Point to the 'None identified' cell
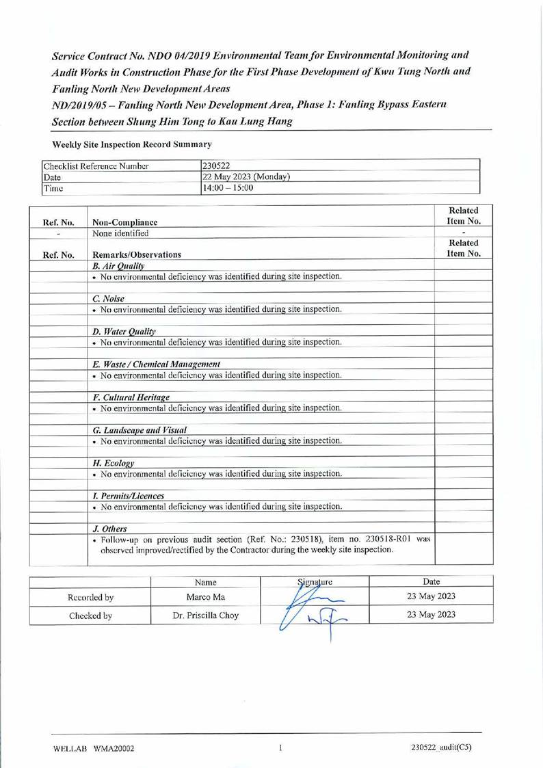tap(120, 233)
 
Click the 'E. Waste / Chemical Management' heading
tap(156, 364)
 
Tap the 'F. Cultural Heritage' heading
tap(131, 397)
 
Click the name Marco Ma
tap(205, 597)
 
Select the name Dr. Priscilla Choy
tap(205, 615)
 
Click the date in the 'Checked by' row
tap(431, 615)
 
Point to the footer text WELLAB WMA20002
tap(94, 748)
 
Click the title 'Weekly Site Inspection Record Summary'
tap(132, 144)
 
